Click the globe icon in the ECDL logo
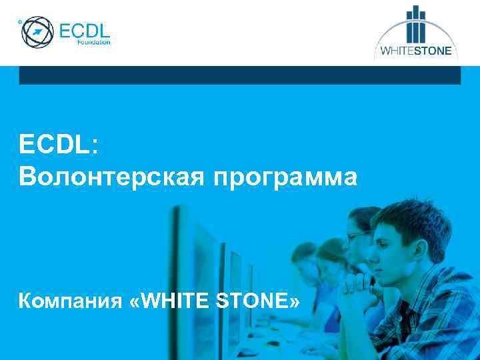coord(38,32)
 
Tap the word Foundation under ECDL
coord(94,42)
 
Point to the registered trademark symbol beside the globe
coord(20,22)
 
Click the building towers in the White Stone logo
coord(416,27)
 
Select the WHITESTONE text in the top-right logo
coord(416,51)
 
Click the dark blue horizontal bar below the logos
coord(240,75)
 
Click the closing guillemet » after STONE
coord(294,303)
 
